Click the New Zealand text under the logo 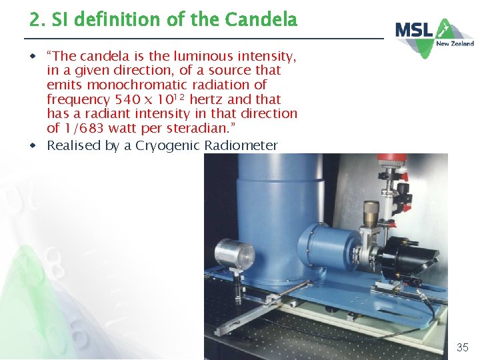click(455, 44)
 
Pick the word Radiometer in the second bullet click(241, 145)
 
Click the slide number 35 click(462, 347)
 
